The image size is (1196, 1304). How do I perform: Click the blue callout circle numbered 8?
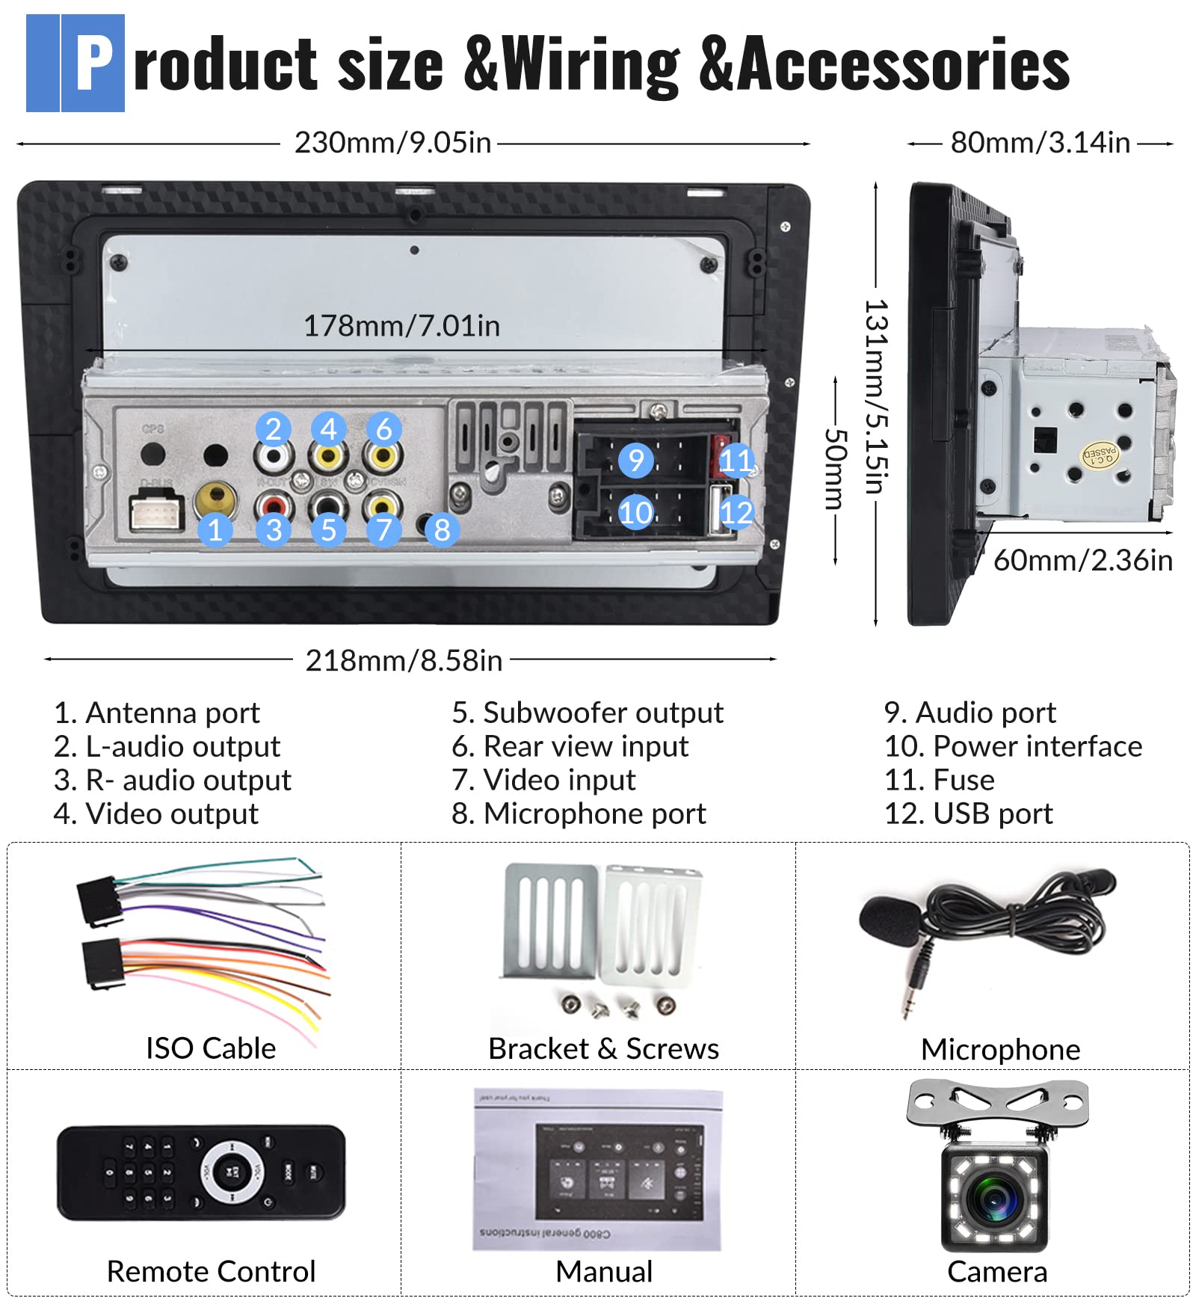click(x=442, y=529)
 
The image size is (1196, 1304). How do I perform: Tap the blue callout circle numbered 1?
click(x=215, y=529)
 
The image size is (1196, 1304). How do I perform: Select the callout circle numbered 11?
click(x=736, y=460)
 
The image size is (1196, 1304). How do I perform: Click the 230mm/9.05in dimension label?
click(x=392, y=142)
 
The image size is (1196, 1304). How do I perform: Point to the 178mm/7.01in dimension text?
click(x=401, y=325)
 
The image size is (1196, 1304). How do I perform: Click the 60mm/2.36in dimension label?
click(x=1082, y=560)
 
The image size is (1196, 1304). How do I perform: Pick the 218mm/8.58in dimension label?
click(x=404, y=660)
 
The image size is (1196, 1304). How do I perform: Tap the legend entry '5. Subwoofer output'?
click(x=588, y=713)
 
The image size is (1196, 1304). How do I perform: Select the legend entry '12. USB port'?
click(x=968, y=814)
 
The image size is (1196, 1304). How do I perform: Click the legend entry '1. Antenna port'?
click(x=157, y=713)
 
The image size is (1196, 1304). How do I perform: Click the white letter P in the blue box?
click(x=93, y=64)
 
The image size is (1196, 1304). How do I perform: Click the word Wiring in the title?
click(x=591, y=66)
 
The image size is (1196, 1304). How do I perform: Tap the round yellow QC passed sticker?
click(x=1100, y=455)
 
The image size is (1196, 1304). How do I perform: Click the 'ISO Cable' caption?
click(x=211, y=1048)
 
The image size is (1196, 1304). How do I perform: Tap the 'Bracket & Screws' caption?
click(x=603, y=1049)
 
